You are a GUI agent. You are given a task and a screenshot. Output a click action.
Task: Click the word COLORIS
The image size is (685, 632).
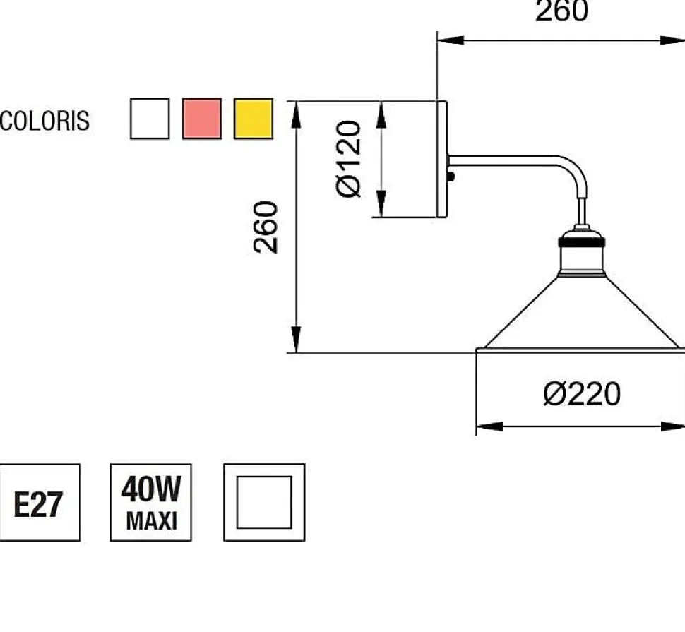coord(45,121)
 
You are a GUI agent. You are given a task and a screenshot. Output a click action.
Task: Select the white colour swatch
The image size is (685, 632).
coord(150,119)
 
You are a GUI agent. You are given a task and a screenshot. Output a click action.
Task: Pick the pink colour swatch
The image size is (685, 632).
coord(202,119)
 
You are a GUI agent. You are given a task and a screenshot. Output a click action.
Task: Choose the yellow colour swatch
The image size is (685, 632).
coord(254,119)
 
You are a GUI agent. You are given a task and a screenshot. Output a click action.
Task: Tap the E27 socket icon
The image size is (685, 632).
coord(40,502)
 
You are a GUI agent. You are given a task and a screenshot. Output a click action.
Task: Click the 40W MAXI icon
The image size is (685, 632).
coord(151,502)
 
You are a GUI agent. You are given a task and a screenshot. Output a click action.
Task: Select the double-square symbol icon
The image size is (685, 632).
coord(264,502)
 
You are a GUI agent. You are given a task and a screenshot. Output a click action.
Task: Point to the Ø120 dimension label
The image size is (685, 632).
coord(350,159)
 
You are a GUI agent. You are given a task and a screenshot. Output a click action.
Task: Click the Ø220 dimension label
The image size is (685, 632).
coord(581,393)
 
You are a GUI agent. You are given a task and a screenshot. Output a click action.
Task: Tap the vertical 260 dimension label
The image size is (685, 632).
coord(266,227)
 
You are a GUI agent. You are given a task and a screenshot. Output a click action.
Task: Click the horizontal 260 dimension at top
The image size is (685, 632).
coord(561,11)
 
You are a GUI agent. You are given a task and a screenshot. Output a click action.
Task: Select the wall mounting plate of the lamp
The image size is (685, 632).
coord(442,159)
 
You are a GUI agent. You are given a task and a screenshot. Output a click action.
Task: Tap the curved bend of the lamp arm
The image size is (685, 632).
coord(576,168)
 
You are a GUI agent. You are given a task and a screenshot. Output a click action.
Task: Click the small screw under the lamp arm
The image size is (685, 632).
coord(451,177)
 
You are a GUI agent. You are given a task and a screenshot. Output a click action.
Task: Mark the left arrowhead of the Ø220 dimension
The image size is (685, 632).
coord(487,426)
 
